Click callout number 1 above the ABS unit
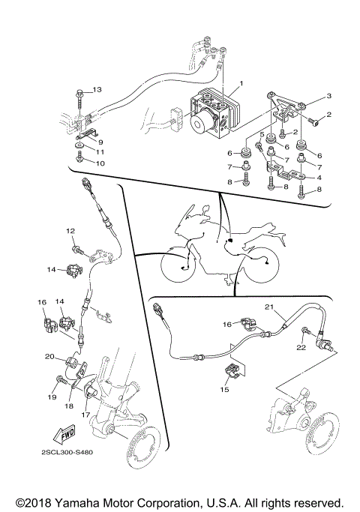[241, 82]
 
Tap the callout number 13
[97, 91]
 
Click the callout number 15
[224, 389]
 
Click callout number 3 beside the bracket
[328, 97]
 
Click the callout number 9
[100, 141]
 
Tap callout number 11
[99, 151]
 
